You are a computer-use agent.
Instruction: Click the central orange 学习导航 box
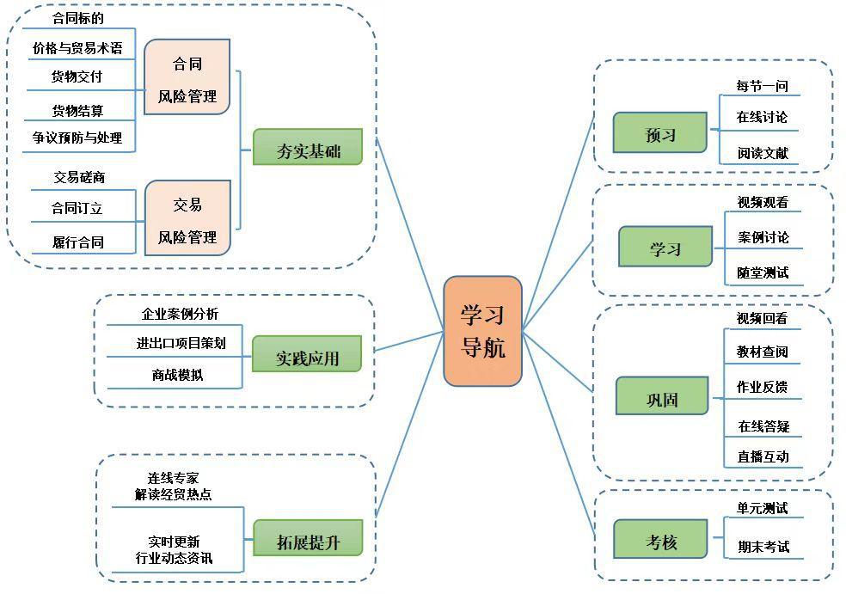[482, 331]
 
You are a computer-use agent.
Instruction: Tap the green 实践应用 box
[307, 354]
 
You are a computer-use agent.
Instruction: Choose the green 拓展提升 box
[307, 538]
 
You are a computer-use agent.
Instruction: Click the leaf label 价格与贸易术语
[77, 48]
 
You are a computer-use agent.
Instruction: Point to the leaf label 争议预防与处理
[77, 138]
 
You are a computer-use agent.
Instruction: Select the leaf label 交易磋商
[79, 177]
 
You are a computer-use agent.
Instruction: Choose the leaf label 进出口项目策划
[181, 343]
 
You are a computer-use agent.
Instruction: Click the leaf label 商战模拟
[178, 375]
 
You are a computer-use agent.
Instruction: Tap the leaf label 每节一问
[762, 86]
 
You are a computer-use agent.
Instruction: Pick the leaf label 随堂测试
[763, 273]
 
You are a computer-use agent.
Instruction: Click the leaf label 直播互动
[763, 456]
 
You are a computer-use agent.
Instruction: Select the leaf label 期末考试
[763, 547]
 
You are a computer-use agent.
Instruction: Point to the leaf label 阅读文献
[763, 154]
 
